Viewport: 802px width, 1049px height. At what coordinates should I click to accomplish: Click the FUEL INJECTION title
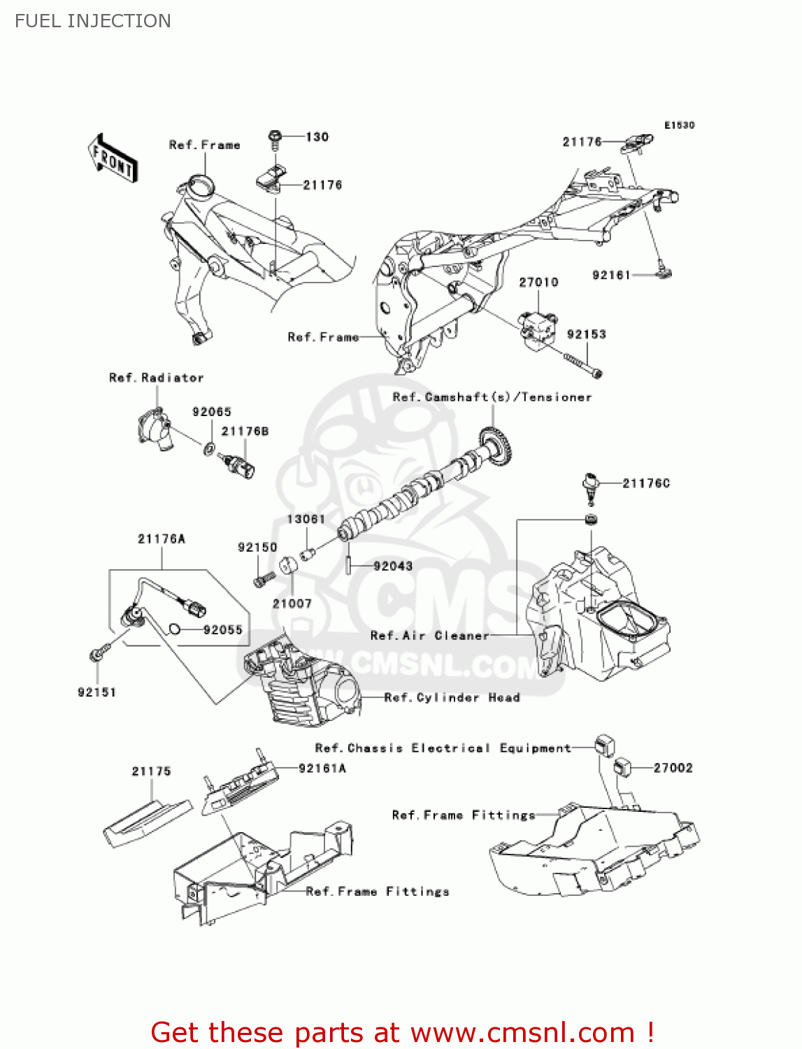[x=93, y=21]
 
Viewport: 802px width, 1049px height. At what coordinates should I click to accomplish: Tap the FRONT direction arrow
[x=113, y=159]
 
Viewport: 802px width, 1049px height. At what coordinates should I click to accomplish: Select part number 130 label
[x=317, y=137]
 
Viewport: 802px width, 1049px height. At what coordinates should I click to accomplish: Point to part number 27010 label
[x=538, y=283]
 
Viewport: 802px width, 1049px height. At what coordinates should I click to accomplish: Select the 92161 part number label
[x=611, y=276]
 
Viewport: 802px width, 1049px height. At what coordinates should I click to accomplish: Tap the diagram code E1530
[x=679, y=125]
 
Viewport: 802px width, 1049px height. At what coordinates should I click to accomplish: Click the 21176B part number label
[x=245, y=431]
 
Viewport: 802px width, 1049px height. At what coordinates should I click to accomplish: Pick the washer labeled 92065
[x=209, y=447]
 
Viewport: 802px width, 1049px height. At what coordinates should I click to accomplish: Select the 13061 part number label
[x=306, y=519]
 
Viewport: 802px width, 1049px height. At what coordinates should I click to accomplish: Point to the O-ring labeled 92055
[x=175, y=630]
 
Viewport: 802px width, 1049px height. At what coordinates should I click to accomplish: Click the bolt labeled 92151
[x=98, y=654]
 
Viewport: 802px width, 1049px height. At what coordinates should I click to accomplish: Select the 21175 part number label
[x=151, y=771]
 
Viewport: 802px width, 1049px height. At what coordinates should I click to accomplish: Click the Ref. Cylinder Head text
[x=452, y=698]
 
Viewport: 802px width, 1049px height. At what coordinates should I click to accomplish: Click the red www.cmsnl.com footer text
[x=402, y=1032]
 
